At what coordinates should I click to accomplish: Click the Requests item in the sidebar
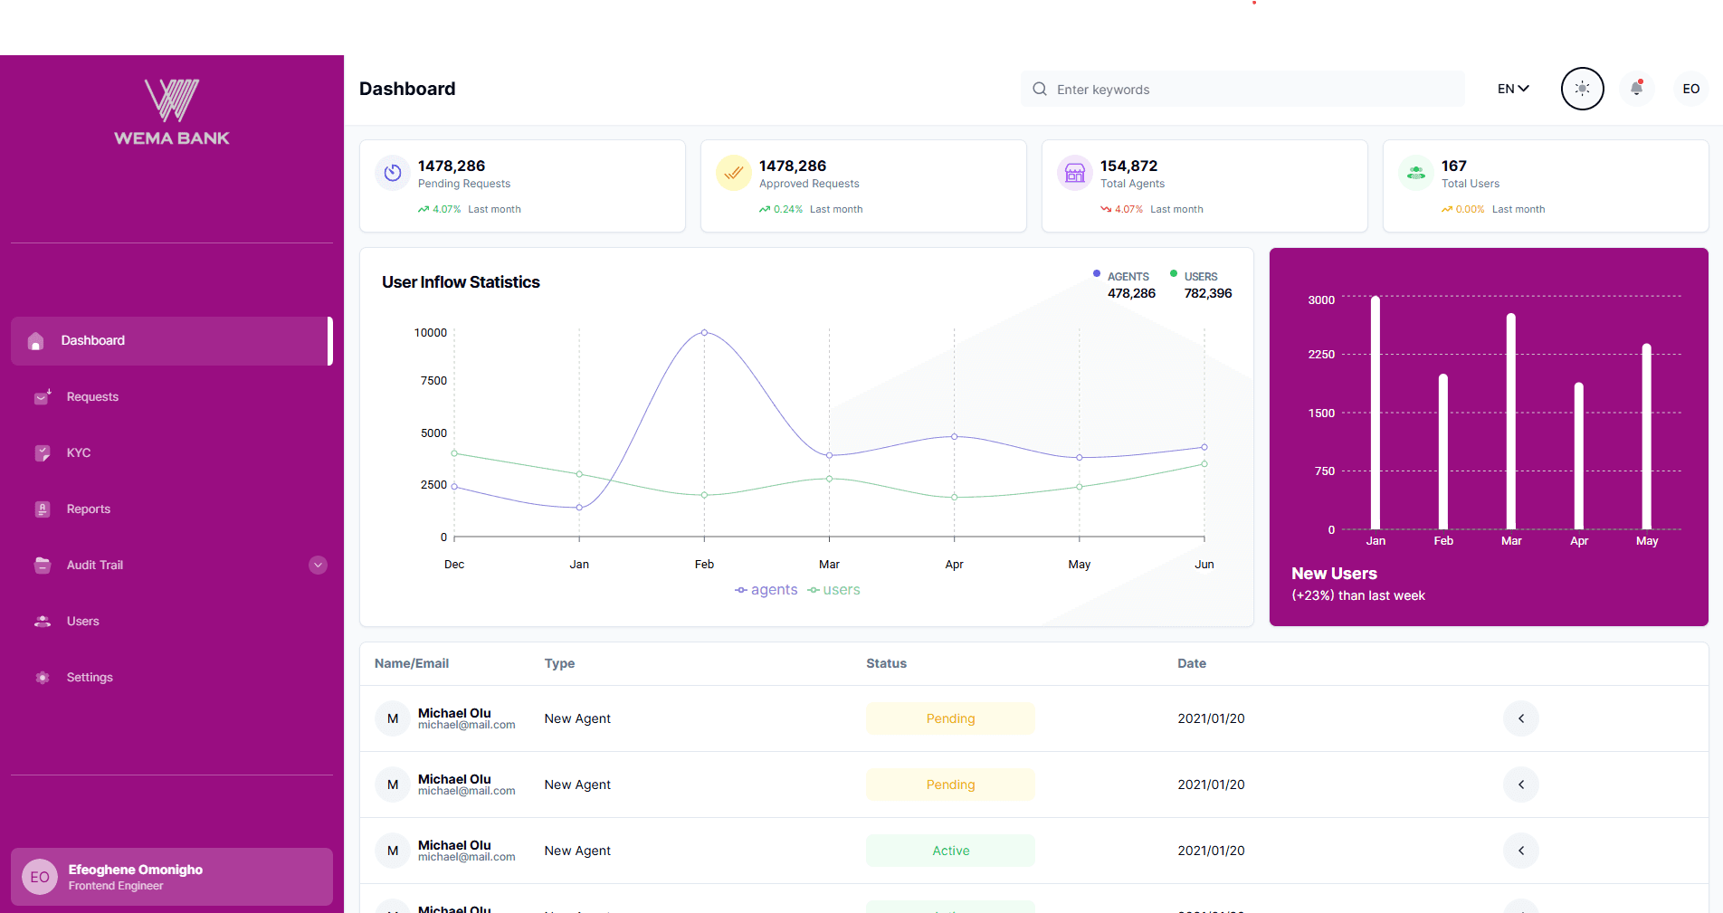pos(91,397)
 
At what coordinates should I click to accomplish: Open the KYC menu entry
pos(78,453)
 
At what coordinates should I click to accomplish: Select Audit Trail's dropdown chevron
pos(318,566)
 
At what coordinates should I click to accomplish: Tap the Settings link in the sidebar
pos(89,678)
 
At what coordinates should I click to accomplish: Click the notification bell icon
pos(1636,89)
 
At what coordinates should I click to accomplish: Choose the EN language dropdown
pos(1512,89)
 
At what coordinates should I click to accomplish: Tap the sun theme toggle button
pos(1582,89)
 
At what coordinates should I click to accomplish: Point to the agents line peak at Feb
pos(704,333)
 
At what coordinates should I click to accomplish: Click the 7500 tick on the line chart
pos(433,381)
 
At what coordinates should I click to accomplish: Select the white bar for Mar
pos(1510,422)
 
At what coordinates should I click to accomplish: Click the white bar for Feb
pos(1442,452)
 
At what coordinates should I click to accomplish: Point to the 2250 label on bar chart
pos(1321,355)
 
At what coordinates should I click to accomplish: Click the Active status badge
pos(950,851)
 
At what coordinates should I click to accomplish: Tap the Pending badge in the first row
pos(950,718)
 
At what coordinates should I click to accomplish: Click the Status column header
pos(886,663)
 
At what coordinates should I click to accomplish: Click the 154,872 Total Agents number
pos(1128,166)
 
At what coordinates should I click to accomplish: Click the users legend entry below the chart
pos(833,590)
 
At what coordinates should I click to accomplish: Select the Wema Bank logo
pos(172,111)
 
